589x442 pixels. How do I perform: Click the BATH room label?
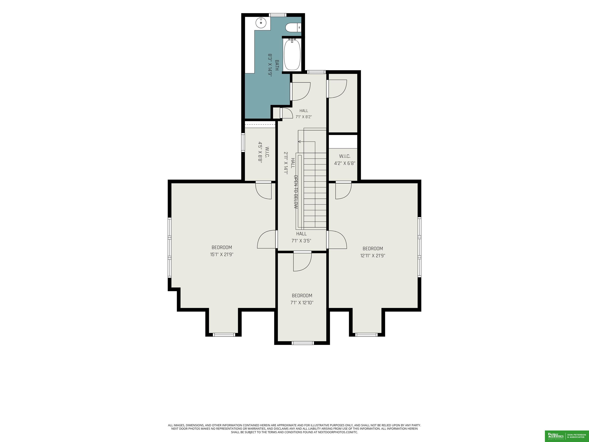[277, 65]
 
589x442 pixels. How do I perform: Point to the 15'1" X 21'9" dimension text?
[222, 254]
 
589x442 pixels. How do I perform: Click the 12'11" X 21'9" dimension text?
[373, 256]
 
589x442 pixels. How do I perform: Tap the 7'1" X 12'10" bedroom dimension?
[302, 303]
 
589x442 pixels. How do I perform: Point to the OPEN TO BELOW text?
[296, 192]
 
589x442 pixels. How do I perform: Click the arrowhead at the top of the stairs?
[299, 141]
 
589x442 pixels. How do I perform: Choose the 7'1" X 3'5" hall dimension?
[301, 241]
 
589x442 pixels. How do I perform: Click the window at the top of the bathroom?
[278, 15]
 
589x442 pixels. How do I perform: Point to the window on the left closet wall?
[243, 142]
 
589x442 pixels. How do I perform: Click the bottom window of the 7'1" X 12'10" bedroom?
[303, 343]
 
